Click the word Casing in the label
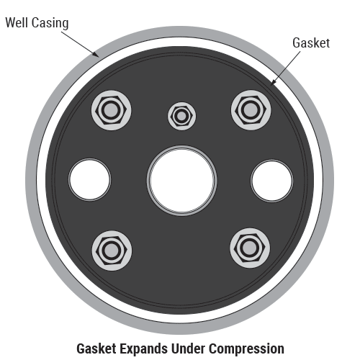tap(50, 24)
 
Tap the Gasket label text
tap(311, 43)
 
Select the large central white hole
tap(182, 181)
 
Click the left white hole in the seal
tap(90, 179)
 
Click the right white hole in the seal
tap(272, 181)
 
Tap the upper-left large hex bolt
tap(111, 110)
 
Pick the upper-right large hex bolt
tap(251, 110)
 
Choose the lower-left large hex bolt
tap(112, 251)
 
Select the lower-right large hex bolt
tap(250, 248)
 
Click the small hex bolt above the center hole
tap(181, 116)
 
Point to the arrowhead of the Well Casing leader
tap(98, 56)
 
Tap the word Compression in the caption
tap(246, 348)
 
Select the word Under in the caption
tap(188, 348)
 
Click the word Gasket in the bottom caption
tap(96, 348)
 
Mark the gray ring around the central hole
tap(182, 147)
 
